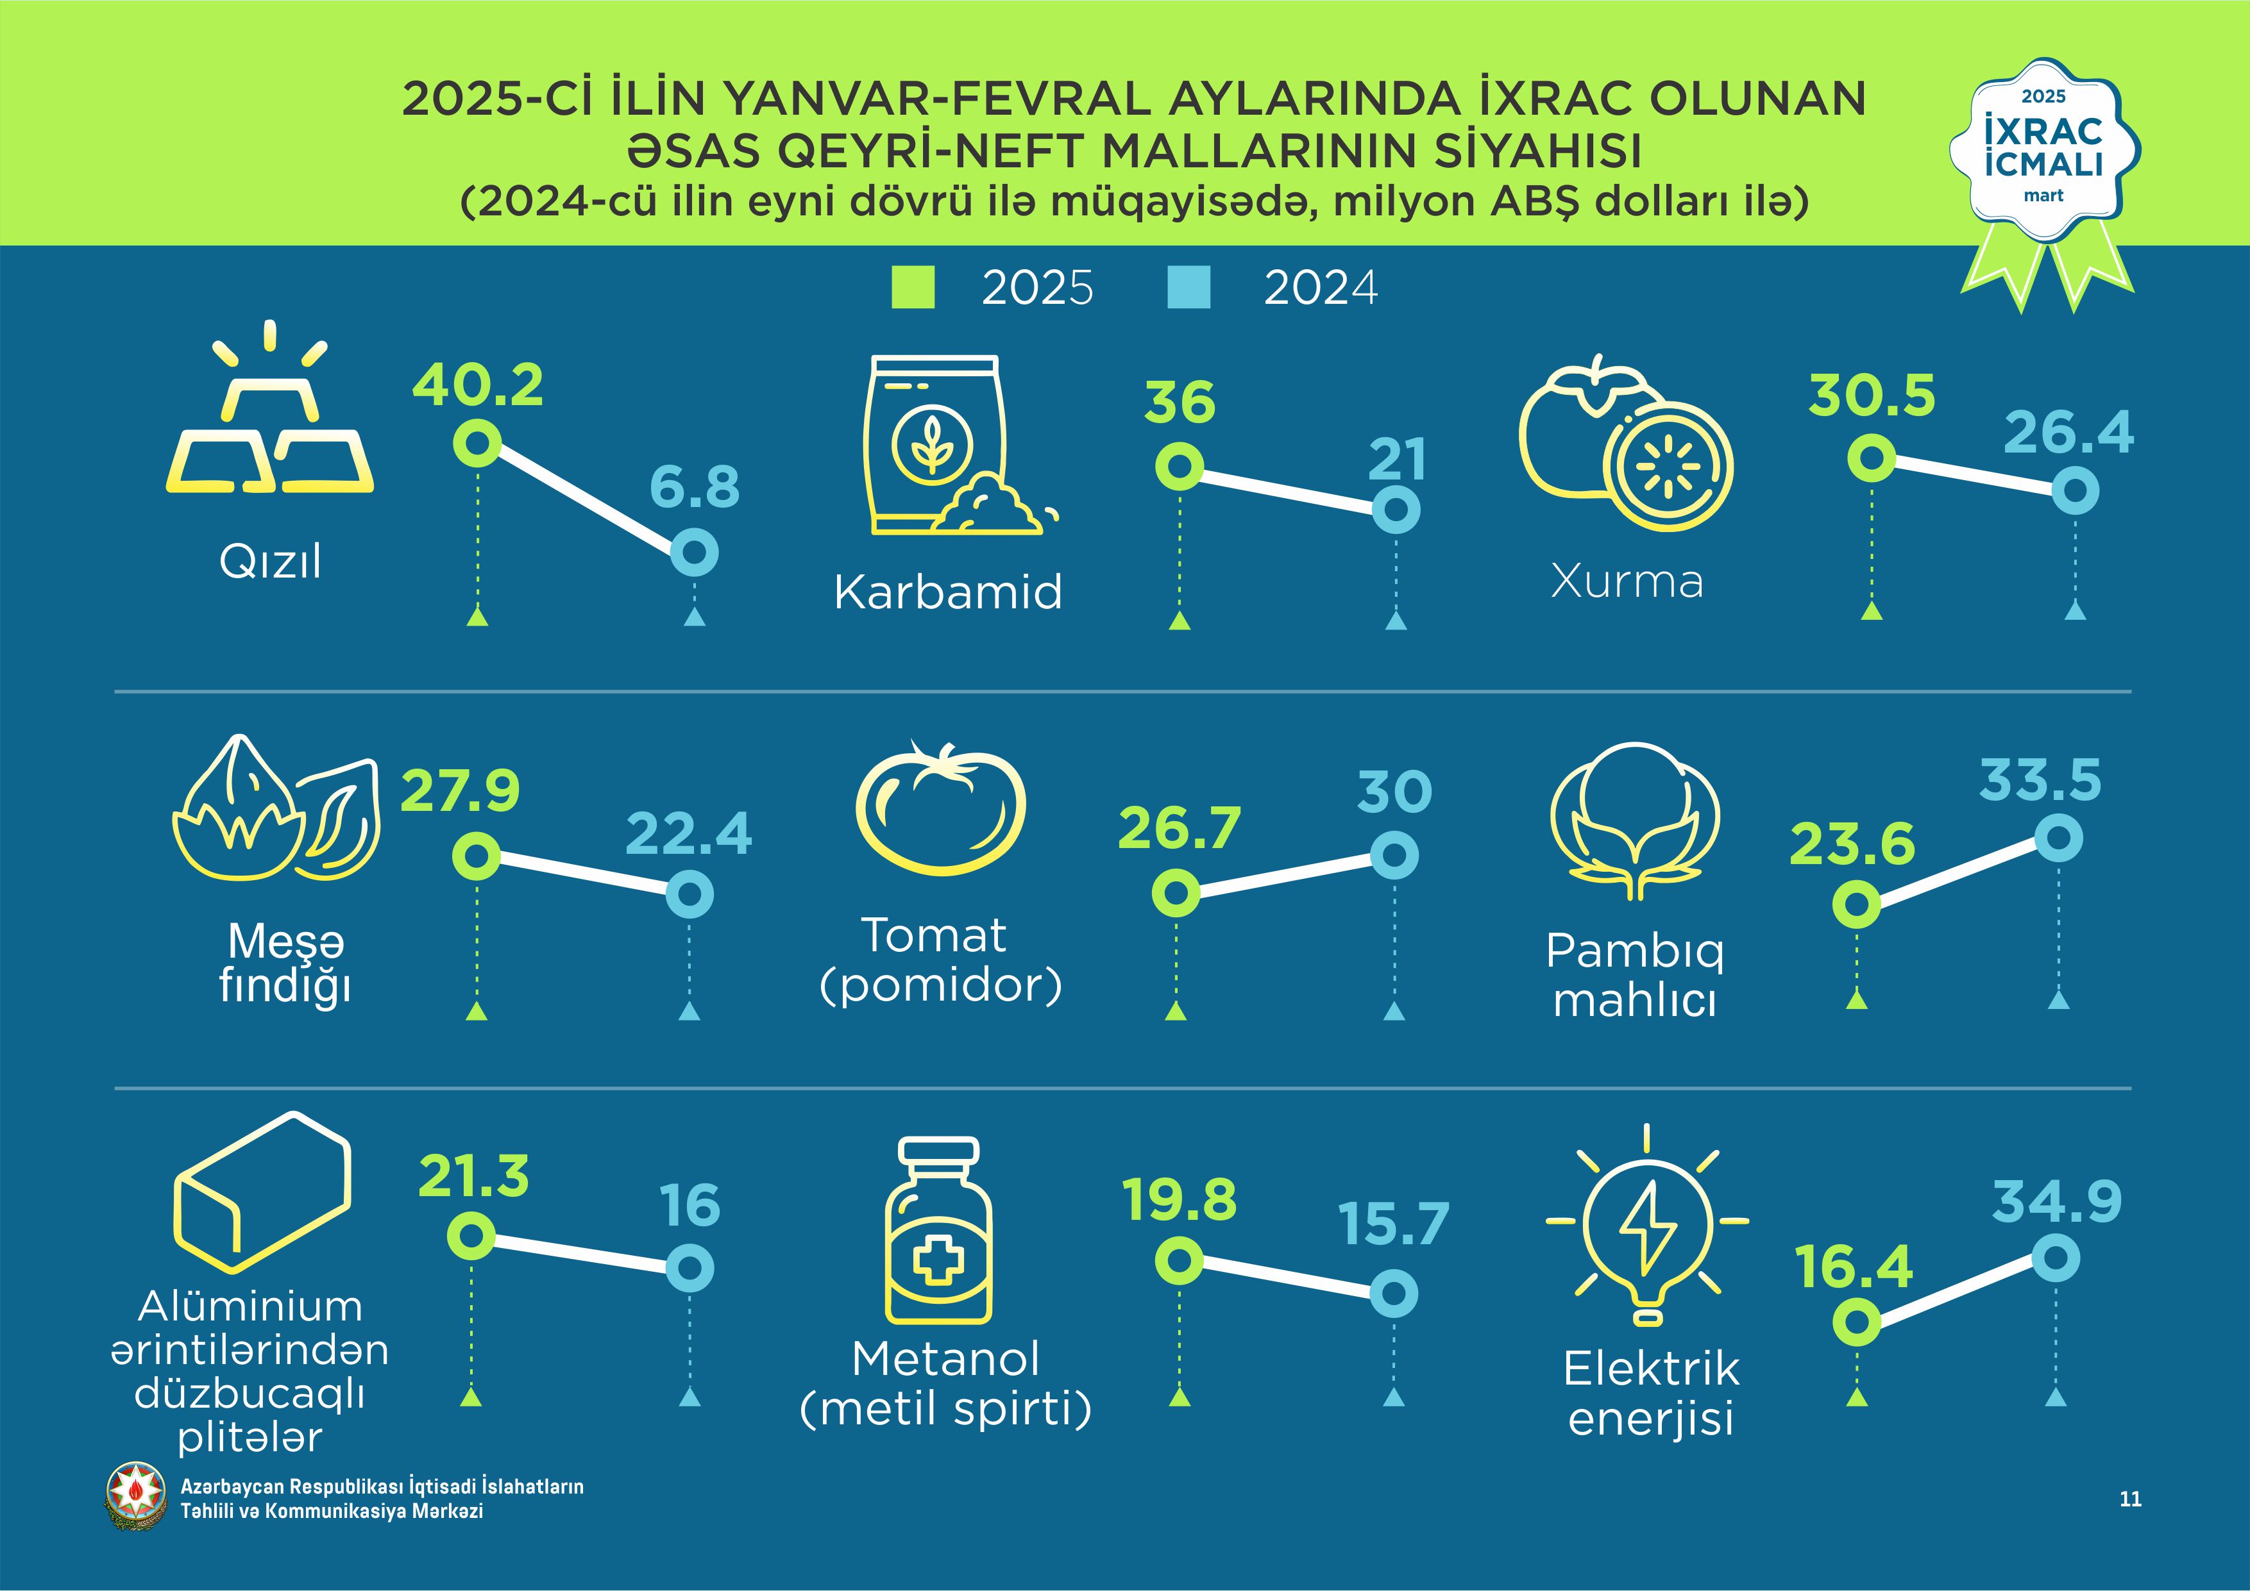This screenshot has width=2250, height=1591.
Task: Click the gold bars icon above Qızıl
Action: coord(269,421)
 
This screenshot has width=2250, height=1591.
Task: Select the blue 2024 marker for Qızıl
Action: coord(695,553)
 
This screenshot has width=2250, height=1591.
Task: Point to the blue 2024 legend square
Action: coord(1188,288)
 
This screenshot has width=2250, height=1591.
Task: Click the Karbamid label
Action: coord(947,592)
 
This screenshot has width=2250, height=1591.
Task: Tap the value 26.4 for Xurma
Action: coord(2068,432)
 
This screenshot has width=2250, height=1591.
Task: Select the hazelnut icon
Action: coord(276,809)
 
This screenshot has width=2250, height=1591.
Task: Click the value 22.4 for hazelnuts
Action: coord(689,834)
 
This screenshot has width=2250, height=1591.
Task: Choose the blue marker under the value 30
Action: coord(1394,855)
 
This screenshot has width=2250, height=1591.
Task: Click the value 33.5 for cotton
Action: coord(2040,780)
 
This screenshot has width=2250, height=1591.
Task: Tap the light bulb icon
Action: coord(1647,1229)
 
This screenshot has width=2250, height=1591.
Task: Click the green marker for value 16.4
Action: coord(1856,1322)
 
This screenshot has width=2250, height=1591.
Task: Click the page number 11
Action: coord(2129,1499)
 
